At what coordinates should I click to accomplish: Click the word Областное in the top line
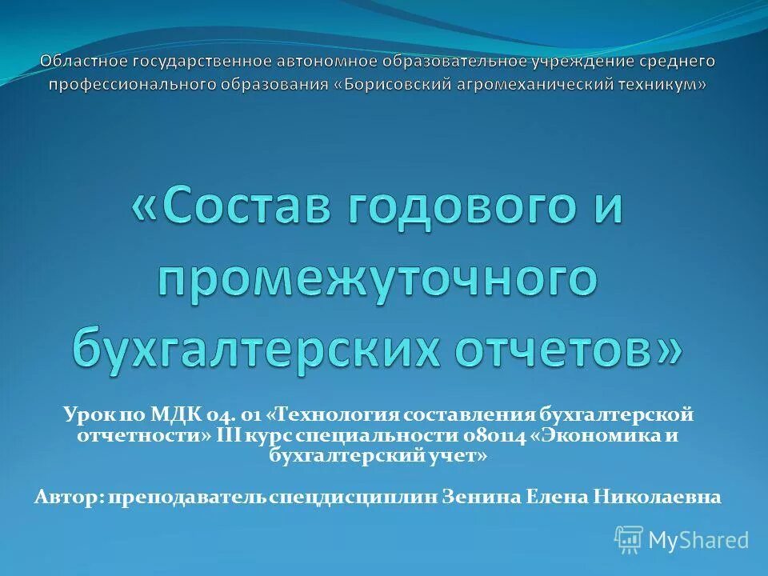tap(82, 61)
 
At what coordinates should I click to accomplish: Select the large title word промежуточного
tap(377, 279)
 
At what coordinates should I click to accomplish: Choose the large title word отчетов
tap(566, 348)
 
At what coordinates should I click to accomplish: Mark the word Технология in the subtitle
tap(339, 414)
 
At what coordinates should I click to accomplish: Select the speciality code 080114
tap(494, 435)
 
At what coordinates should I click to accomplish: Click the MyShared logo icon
tap(629, 539)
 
